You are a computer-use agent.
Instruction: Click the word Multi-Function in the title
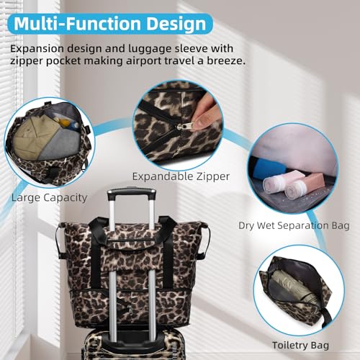[x=77, y=24]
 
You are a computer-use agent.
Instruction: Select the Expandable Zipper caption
[x=181, y=177]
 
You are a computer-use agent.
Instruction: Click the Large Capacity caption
[x=49, y=198]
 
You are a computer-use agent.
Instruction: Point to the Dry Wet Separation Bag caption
[x=294, y=226]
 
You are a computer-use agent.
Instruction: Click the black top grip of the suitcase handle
[x=132, y=194]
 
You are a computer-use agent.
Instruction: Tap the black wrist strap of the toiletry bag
[x=326, y=316]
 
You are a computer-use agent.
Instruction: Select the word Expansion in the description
[x=37, y=49]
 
